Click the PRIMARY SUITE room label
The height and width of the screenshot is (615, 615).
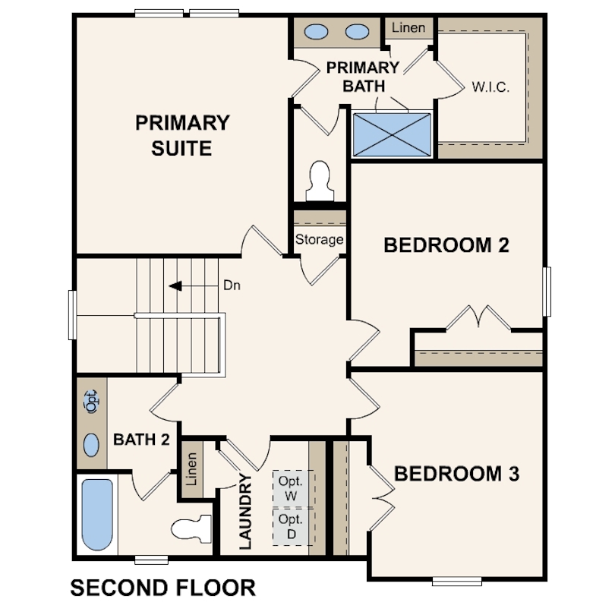coord(181,135)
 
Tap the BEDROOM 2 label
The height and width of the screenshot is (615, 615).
coord(446,245)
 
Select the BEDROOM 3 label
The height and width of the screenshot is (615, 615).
coord(456,474)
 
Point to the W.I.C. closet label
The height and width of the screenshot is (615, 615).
coord(490,87)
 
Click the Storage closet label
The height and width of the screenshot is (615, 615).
coord(320,240)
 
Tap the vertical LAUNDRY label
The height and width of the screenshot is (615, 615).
coord(244,511)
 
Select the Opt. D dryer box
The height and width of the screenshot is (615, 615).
coord(291,526)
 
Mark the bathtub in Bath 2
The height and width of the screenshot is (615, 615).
coord(96,514)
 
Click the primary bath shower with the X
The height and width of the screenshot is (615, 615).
coord(392,134)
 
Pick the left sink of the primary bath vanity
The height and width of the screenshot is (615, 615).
coord(316,32)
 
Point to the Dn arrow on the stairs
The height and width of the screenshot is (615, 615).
coord(176,286)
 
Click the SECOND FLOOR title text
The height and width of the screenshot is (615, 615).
coord(162,587)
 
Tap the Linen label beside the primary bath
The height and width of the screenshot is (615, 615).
coord(408,29)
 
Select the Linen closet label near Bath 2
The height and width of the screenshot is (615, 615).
coord(191,469)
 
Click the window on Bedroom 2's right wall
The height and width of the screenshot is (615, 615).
coord(546,292)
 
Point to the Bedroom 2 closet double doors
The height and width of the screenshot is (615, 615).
coord(478,317)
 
